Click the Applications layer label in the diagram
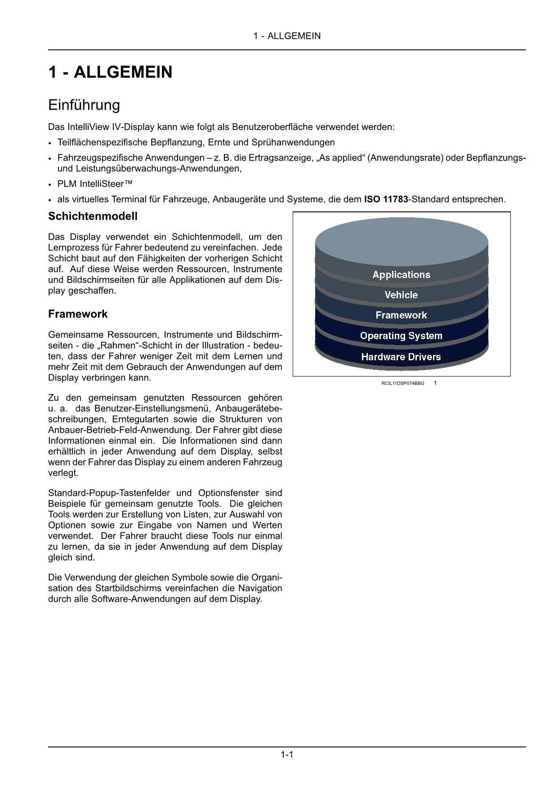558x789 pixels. (401, 275)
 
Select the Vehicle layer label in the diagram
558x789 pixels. (401, 295)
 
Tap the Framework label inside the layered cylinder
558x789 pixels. (401, 315)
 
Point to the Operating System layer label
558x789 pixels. (401, 336)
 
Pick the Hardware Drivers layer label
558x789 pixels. (401, 357)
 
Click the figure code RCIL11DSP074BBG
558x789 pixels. (402, 384)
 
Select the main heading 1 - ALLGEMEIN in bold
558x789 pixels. (110, 72)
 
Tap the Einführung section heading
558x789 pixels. (84, 105)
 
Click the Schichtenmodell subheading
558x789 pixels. (93, 216)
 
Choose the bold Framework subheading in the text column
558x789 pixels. (78, 314)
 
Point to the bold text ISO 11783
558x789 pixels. (386, 199)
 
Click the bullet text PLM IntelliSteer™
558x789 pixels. (95, 184)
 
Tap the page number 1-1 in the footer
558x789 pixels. (287, 755)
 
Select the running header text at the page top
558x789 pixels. (287, 36)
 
